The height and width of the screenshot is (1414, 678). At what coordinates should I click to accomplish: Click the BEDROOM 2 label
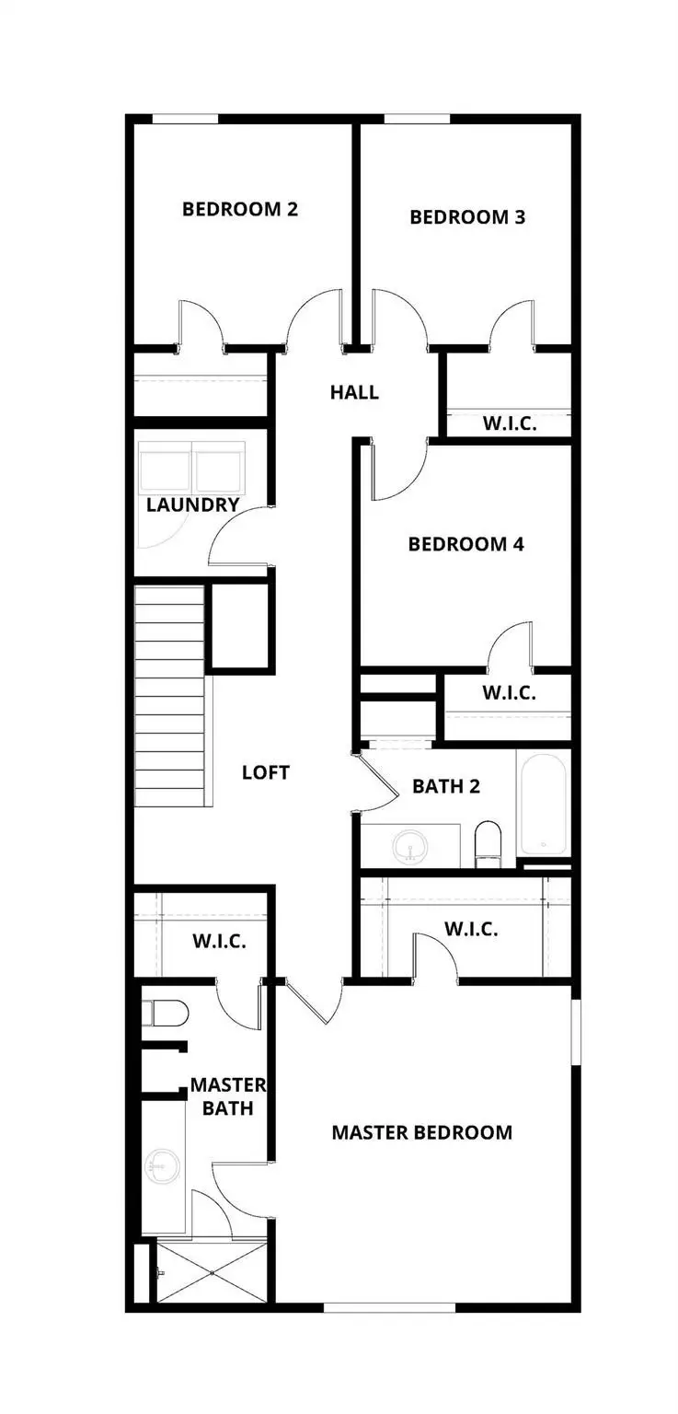[239, 209]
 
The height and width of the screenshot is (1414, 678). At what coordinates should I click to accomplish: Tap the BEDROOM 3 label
[467, 217]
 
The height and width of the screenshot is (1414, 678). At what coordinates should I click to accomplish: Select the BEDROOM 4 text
[465, 544]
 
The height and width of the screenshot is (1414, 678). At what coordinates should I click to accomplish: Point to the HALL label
[354, 393]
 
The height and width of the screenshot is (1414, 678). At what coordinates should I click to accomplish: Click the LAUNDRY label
[193, 504]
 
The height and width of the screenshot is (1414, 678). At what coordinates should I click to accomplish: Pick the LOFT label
[266, 772]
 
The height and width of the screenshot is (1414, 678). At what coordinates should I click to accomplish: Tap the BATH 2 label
[446, 786]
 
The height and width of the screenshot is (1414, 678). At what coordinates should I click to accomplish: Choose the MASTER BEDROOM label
[421, 1132]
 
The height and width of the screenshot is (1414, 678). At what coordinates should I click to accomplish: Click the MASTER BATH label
[228, 1096]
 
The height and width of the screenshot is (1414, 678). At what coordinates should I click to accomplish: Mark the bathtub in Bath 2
[544, 803]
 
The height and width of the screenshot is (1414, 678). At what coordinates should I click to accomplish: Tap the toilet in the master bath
[166, 1014]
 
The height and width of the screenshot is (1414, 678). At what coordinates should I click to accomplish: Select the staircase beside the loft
[169, 695]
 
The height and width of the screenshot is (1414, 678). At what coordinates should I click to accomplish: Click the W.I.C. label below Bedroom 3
[510, 424]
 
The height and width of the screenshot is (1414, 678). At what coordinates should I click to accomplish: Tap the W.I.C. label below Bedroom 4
[508, 693]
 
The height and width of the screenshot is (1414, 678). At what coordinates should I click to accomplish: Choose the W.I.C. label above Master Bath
[219, 943]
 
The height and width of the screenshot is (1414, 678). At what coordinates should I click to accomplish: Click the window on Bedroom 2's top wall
[185, 119]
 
